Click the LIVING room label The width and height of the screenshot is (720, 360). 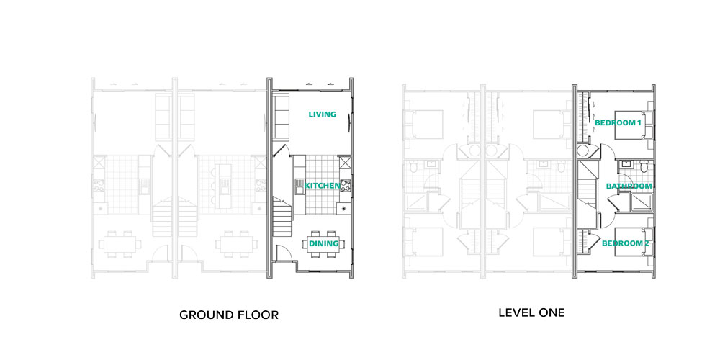click(323, 114)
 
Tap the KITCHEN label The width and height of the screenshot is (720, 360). click(323, 186)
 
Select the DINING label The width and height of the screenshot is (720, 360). click(323, 243)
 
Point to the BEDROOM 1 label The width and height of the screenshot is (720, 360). click(618, 123)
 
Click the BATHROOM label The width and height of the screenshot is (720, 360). click(629, 186)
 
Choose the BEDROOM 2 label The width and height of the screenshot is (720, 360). click(625, 243)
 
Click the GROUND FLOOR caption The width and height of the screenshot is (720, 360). click(229, 315)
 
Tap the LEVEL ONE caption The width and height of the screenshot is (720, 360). click(532, 313)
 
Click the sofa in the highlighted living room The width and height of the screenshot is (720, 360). click(281, 117)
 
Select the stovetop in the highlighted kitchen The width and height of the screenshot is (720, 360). click(345, 186)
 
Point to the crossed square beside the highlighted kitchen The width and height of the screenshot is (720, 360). click(345, 163)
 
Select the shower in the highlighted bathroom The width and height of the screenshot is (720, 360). click(642, 202)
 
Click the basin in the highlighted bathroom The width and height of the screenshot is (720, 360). click(625, 164)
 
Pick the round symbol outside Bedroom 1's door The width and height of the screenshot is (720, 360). click(583, 150)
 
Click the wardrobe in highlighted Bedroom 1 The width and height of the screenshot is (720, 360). click(583, 117)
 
